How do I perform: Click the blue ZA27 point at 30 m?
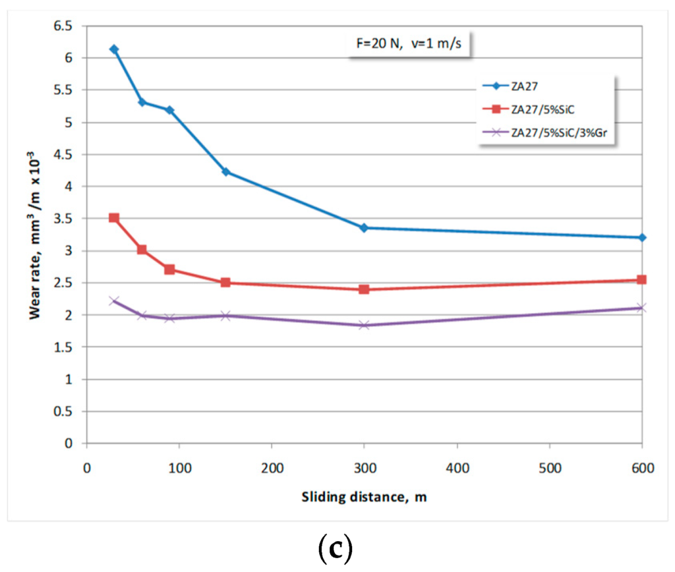click(x=114, y=49)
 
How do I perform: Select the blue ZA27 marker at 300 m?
click(x=364, y=227)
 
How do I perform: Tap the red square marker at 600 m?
click(x=641, y=279)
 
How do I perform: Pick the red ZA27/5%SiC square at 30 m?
click(x=114, y=217)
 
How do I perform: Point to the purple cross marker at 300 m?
click(x=364, y=325)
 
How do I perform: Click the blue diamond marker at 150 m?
click(x=225, y=172)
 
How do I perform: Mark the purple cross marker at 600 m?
click(x=641, y=308)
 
